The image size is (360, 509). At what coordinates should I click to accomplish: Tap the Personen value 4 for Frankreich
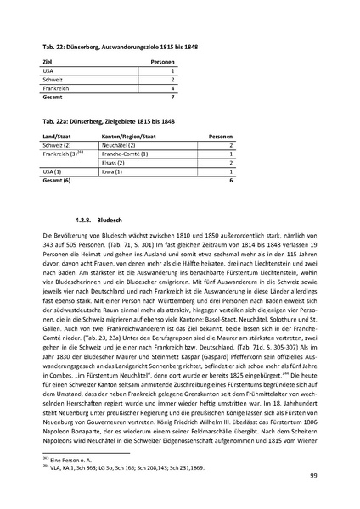pyautogui.click(x=172, y=87)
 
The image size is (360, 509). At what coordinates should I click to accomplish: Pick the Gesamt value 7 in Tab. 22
pyautogui.click(x=172, y=96)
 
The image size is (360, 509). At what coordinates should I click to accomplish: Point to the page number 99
pyautogui.click(x=313, y=481)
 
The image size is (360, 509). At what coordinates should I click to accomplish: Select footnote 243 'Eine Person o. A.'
pyautogui.click(x=64, y=456)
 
